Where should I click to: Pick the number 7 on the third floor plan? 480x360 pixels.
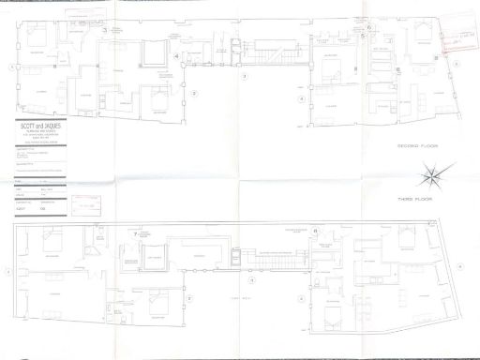[x=136, y=232]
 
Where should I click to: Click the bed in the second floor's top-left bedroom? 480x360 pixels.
[x=38, y=38]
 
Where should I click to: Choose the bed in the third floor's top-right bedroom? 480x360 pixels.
[x=408, y=242]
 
